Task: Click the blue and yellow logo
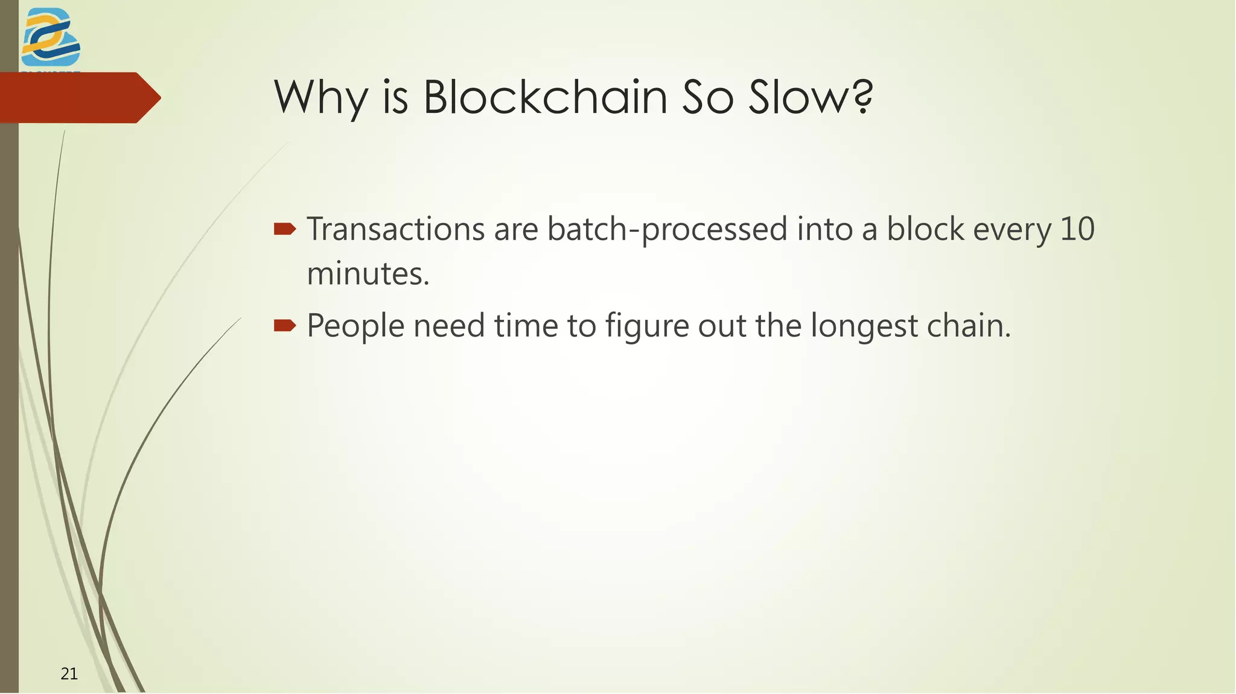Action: (51, 37)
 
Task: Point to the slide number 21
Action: (69, 673)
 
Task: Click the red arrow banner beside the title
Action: (78, 98)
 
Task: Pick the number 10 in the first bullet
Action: (1077, 229)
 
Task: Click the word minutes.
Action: (368, 274)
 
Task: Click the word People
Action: (355, 326)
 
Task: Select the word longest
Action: (864, 327)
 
